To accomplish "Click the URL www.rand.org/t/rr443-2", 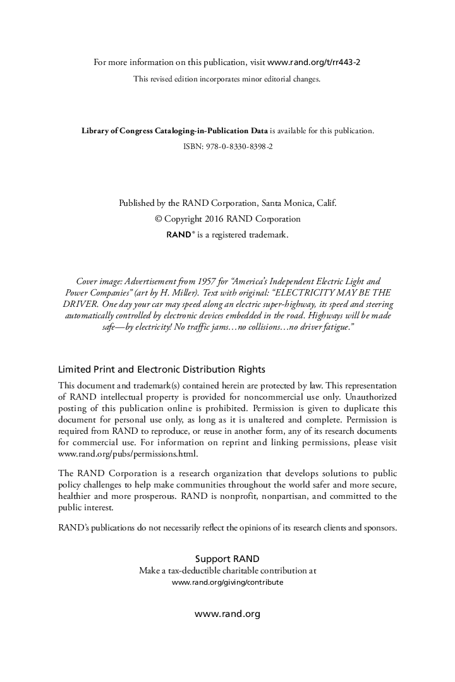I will point(314,62).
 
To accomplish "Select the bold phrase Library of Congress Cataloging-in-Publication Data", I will point(175,131).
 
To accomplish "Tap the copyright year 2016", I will point(215,218).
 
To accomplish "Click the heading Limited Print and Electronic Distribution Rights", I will point(161,369).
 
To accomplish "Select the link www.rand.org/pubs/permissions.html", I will point(128,453).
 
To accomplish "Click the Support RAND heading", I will point(227,559).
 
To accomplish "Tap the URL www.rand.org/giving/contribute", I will point(227,582).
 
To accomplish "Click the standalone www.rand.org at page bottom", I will point(227,613).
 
